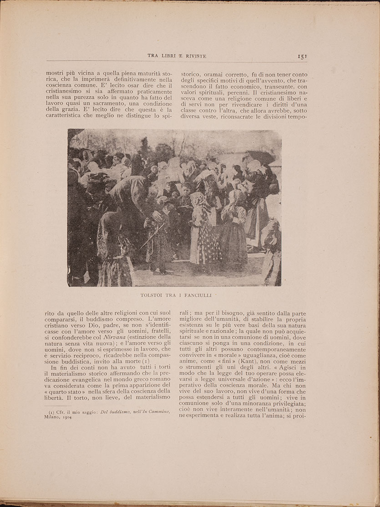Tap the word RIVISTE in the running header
193,56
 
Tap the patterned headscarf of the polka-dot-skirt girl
199,200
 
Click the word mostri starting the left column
56,71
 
